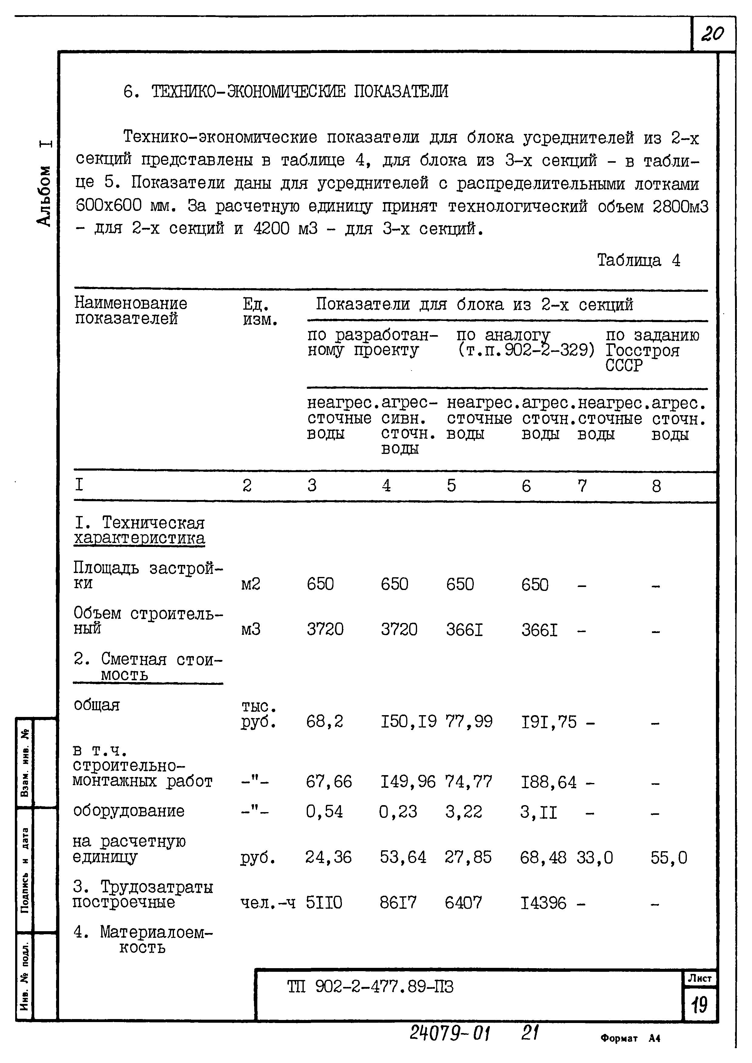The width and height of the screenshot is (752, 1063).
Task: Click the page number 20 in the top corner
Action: (x=712, y=34)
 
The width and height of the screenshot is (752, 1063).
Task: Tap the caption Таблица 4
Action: (x=638, y=260)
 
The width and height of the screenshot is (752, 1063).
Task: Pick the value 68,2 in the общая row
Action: (x=324, y=721)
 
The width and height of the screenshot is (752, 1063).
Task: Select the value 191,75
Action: (x=549, y=721)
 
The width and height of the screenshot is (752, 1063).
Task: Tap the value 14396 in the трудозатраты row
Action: (x=543, y=902)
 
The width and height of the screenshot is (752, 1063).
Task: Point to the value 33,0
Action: (x=595, y=858)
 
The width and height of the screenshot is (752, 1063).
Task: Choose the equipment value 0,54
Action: (x=324, y=811)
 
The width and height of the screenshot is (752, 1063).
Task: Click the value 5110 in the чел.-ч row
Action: (x=324, y=902)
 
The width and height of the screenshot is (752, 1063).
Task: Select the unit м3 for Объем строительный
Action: (x=250, y=629)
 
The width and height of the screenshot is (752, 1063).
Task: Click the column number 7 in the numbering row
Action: (x=582, y=485)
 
